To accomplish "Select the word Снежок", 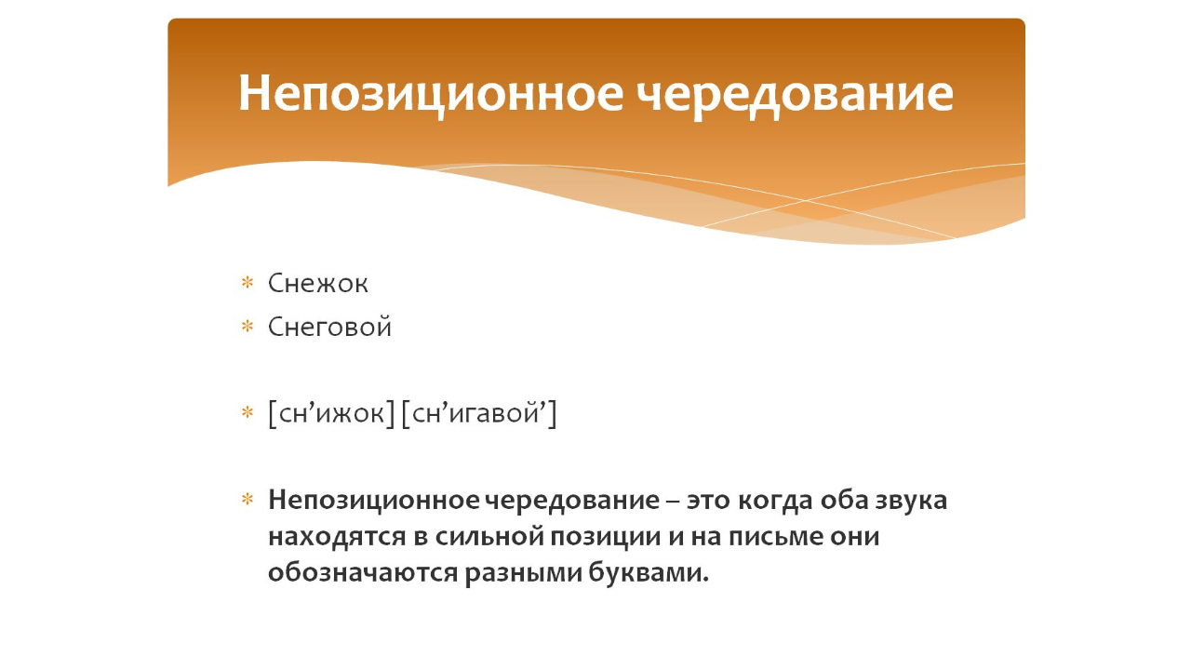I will coord(318,283).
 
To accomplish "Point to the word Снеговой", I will coord(329,328).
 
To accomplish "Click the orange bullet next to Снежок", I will coord(248,283).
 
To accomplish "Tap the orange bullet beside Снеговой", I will coord(248,327).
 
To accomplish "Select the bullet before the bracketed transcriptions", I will coord(248,412).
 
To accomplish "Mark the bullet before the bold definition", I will coord(248,501).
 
